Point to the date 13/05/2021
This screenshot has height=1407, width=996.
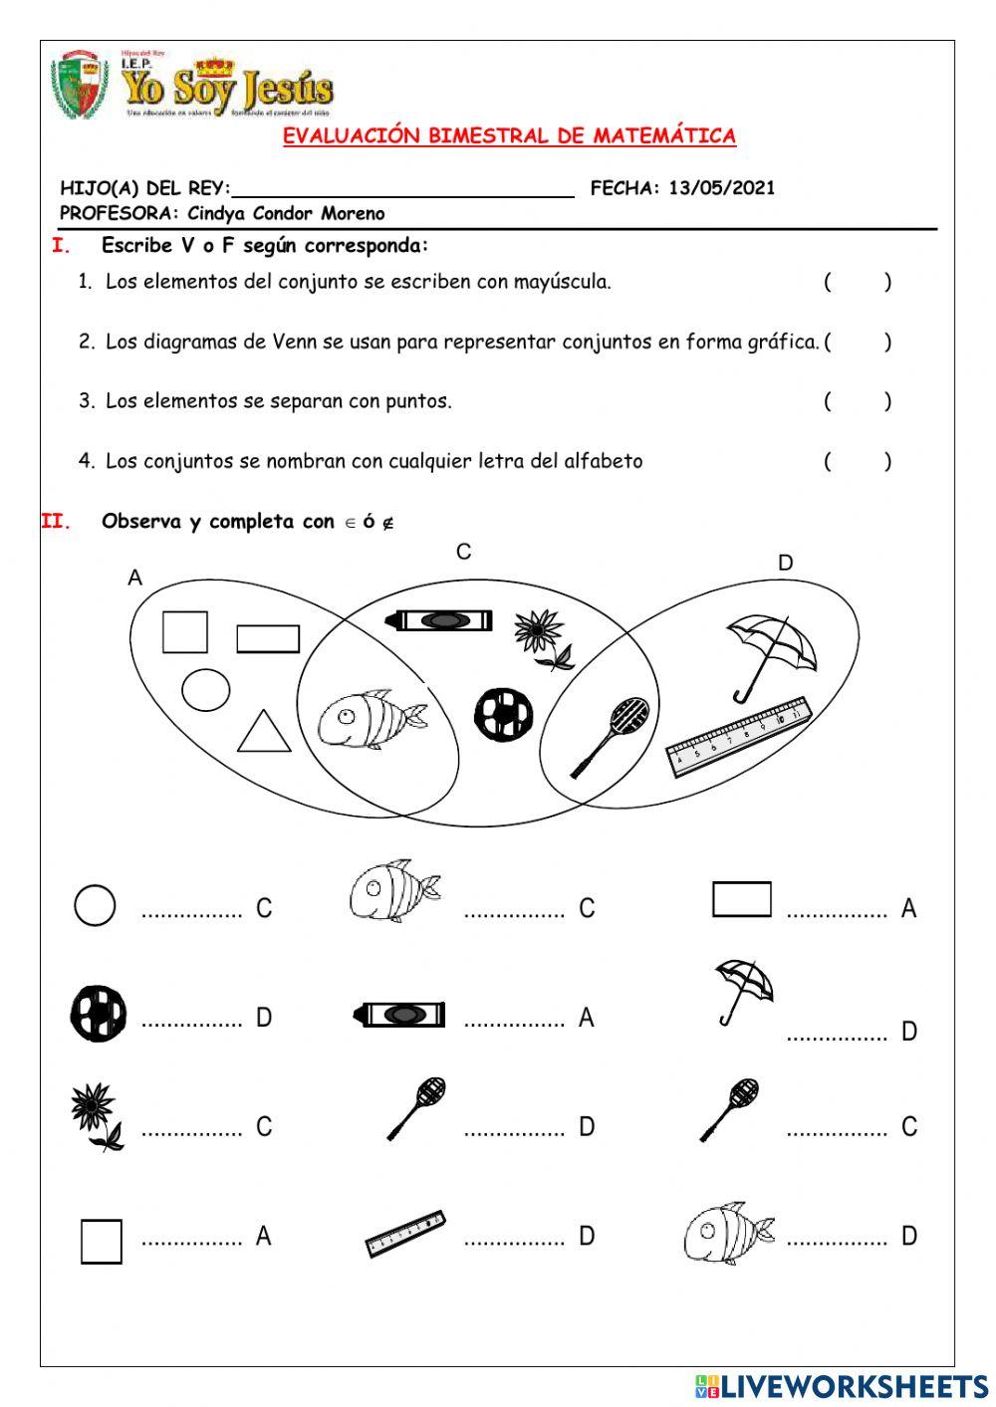click(x=721, y=187)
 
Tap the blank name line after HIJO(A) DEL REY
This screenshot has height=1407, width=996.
click(x=402, y=188)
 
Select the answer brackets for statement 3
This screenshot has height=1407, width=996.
click(x=857, y=401)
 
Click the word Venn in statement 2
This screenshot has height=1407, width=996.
click(x=295, y=342)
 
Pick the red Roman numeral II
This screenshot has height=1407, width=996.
click(x=56, y=521)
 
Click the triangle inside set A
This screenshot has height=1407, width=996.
click(x=265, y=732)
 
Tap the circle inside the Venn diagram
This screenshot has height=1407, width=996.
click(x=206, y=690)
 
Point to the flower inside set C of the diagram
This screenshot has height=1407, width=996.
click(x=543, y=638)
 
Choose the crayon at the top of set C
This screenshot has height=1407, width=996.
click(x=438, y=620)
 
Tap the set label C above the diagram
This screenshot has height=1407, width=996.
click(x=463, y=552)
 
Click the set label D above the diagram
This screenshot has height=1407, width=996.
click(x=785, y=563)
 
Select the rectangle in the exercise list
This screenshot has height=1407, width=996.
click(x=741, y=899)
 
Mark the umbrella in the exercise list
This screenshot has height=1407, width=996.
click(x=743, y=990)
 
